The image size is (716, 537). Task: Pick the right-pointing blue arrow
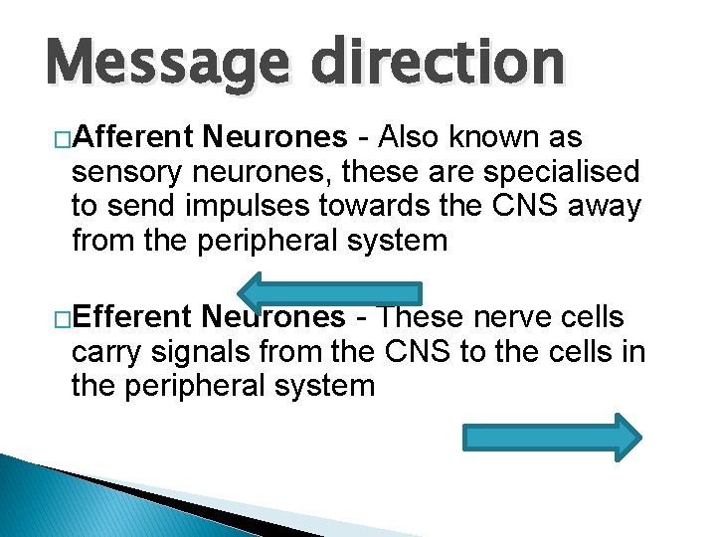point(553,437)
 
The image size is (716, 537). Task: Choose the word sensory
point(127,171)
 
